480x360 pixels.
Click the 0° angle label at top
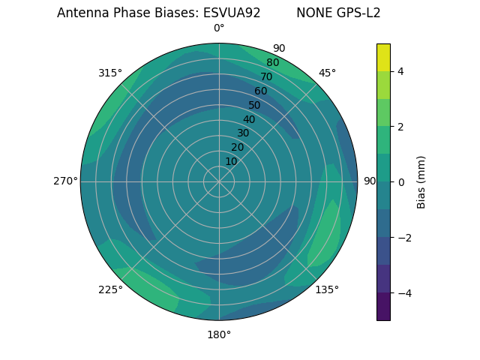(219, 28)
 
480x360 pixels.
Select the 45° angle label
(327, 73)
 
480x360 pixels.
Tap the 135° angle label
(327, 289)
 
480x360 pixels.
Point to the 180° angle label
(219, 334)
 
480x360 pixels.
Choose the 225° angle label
(110, 289)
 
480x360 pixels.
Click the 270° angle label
(65, 181)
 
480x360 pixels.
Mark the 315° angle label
(110, 73)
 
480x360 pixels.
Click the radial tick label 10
(231, 161)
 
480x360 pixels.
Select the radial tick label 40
(249, 119)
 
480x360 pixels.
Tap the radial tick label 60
(261, 91)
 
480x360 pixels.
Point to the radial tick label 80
(273, 62)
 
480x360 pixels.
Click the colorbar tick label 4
(400, 71)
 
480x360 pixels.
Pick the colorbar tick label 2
(400, 127)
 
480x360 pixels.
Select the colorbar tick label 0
(400, 181)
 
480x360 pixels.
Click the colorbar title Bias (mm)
(421, 181)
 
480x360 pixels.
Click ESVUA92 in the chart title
(232, 13)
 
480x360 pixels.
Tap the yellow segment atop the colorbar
(383, 57)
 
